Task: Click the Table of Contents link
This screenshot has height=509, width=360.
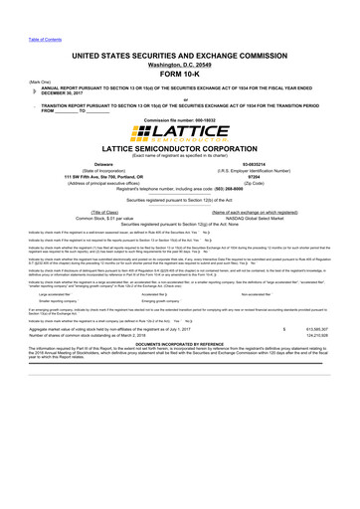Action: pyautogui.click(x=18, y=10)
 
